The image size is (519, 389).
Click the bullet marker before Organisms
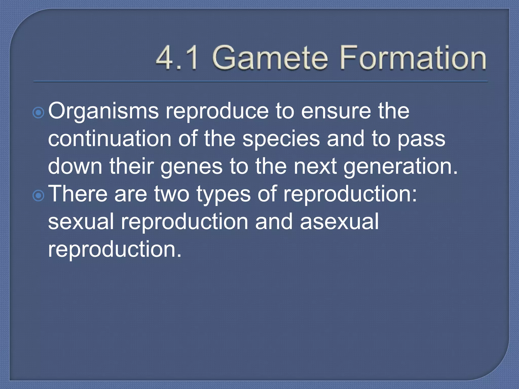tap(39, 113)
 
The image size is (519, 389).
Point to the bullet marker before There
tap(39, 196)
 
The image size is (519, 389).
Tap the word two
tap(172, 194)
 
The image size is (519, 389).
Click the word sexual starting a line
tap(81, 222)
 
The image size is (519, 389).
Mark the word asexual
tap(339, 222)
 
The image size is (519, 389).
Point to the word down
tap(75, 166)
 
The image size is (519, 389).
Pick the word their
tap(132, 166)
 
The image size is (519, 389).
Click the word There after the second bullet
tap(78, 194)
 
